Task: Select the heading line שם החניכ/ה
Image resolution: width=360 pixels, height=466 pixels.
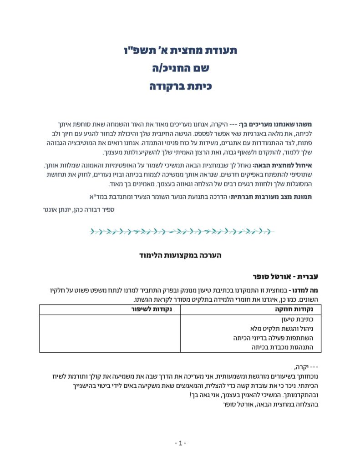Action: pyautogui.click(x=181, y=68)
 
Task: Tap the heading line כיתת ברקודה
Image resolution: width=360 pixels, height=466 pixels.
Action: pyautogui.click(x=181, y=86)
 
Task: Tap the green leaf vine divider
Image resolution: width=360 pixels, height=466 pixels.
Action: pyautogui.click(x=181, y=232)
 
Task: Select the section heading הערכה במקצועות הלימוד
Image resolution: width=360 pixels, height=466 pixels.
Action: pyautogui.click(x=181, y=256)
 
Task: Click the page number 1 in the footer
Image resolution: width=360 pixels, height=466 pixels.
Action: pyautogui.click(x=180, y=443)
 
